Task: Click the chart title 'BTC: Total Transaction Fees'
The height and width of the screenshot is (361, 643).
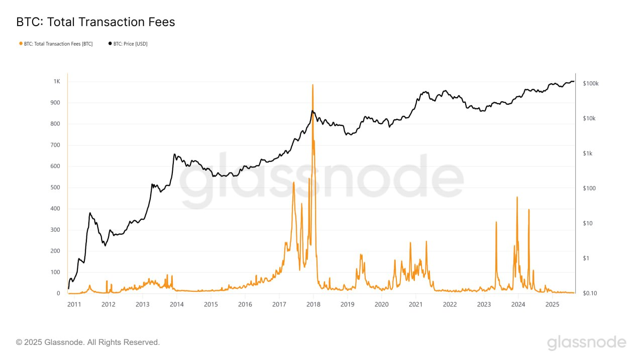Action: [x=95, y=22]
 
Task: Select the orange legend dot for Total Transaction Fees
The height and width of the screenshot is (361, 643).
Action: [x=20, y=44]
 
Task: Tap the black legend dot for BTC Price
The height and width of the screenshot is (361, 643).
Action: [x=110, y=44]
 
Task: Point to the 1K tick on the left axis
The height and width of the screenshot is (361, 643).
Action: [x=57, y=82]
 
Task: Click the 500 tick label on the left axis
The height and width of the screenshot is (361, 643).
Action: [x=55, y=188]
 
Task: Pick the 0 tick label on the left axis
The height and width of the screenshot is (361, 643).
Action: [x=58, y=293]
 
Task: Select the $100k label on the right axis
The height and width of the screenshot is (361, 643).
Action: [x=590, y=84]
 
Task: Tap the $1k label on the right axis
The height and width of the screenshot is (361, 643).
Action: [x=587, y=153]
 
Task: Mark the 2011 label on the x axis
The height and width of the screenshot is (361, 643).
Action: [x=74, y=304]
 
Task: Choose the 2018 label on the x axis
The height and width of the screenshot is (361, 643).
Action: [x=313, y=304]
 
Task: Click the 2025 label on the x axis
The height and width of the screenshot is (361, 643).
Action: [x=552, y=304]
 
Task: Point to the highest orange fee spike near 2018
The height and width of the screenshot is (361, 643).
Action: [x=313, y=85]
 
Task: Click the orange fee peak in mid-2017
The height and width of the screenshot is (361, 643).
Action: [x=293, y=183]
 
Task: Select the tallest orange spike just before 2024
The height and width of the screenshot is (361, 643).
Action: [x=517, y=198]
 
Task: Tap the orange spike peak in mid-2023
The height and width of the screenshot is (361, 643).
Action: [x=496, y=222]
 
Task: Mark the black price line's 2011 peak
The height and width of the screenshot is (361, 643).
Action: [x=90, y=213]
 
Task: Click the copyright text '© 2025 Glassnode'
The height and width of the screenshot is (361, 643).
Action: [x=88, y=342]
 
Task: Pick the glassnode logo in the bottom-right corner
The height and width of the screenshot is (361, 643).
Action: [x=586, y=342]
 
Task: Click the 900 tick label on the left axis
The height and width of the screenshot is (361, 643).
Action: [x=55, y=103]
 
